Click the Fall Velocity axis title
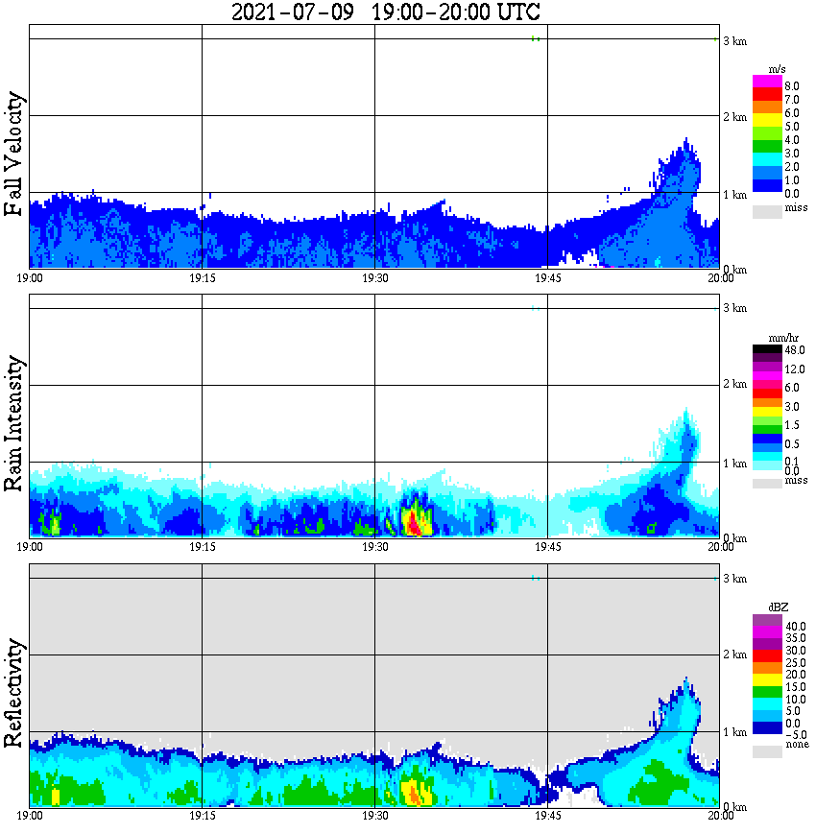[14, 155]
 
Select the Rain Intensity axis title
[14, 423]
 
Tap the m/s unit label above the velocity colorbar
[778, 69]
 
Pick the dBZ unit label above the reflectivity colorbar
[778, 607]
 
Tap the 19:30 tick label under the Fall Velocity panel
[374, 278]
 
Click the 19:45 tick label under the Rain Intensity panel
[547, 547]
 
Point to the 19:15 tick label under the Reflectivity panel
[202, 817]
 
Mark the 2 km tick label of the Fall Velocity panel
[735, 117]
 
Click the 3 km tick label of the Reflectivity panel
[735, 579]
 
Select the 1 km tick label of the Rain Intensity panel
[735, 464]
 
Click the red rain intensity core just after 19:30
[413, 523]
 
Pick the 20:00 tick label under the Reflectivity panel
[720, 817]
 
